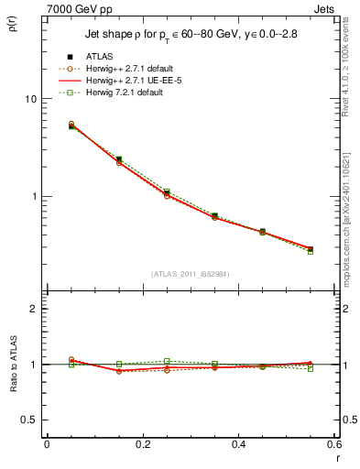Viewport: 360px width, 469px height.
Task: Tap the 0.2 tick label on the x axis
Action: point(142,443)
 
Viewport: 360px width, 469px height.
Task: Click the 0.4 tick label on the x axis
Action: point(238,443)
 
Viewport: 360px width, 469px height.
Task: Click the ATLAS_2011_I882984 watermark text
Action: point(191,274)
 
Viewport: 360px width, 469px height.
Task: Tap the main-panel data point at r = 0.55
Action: point(311,249)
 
